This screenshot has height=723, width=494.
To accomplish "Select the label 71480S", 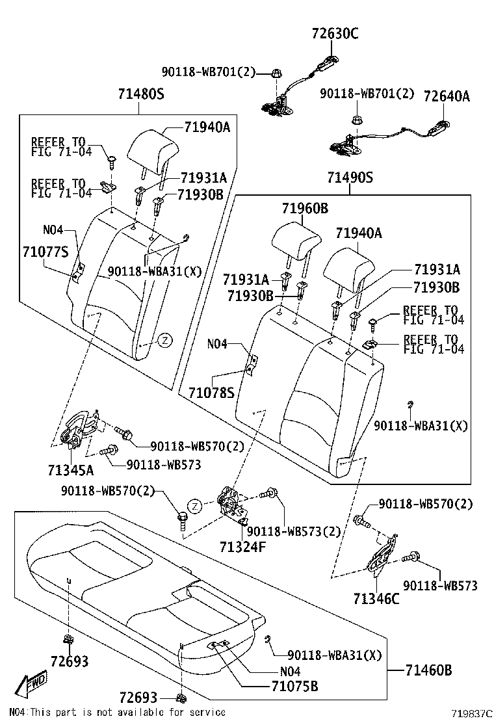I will click(141, 94).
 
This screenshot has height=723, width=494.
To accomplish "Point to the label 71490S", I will click(350, 177).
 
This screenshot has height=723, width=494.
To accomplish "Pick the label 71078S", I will click(211, 391).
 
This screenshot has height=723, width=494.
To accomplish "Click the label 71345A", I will click(70, 469).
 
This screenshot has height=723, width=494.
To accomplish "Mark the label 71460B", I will click(428, 669).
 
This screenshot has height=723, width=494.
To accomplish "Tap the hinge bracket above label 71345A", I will click(81, 429).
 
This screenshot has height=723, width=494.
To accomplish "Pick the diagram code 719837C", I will click(473, 713).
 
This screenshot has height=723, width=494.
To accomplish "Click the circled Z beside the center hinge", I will click(194, 506).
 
